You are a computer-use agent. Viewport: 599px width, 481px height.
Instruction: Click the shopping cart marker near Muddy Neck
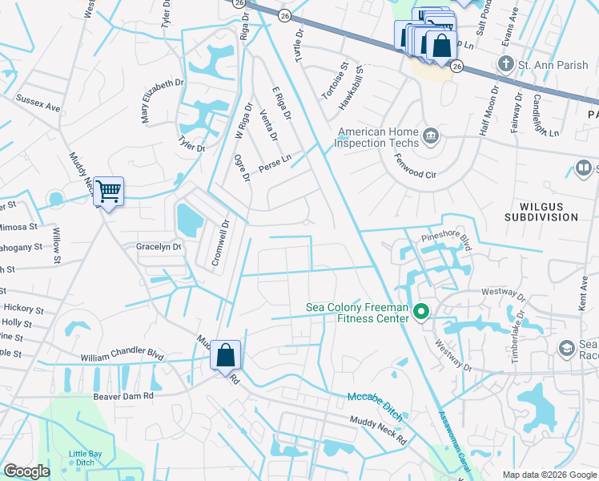(108, 192)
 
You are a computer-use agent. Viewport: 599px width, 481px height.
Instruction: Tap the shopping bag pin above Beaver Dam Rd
(226, 354)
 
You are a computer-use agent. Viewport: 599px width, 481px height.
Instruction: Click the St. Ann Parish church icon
(505, 63)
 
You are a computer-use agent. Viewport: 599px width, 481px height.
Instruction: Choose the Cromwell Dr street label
(227, 244)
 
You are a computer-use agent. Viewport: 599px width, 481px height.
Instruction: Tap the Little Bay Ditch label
(85, 459)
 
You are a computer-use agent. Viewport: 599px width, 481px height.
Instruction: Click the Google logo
(27, 471)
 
